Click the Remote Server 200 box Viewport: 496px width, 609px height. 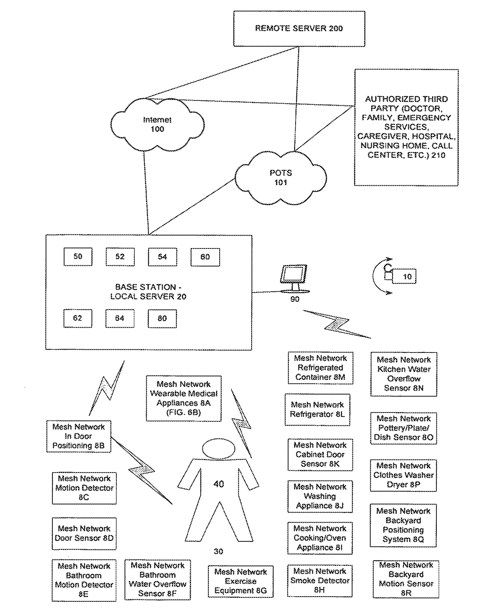coord(299,28)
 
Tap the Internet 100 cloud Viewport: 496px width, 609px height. coord(158,125)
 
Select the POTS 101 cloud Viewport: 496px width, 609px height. coord(280,178)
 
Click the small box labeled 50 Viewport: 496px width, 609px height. coord(78,256)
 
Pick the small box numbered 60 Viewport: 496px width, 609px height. coord(205,257)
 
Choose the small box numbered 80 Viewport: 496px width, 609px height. coord(162,319)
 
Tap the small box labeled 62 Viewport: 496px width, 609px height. coord(78,318)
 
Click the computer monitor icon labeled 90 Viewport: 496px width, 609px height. coord(294,278)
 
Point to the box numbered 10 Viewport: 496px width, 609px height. coord(404,276)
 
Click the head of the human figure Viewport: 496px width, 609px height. coord(218,449)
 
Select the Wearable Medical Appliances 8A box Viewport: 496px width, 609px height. coord(184,398)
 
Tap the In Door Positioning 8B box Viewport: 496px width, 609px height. coord(78,436)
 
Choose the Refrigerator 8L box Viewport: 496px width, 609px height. coord(318,410)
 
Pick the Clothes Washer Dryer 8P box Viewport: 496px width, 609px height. coord(404,475)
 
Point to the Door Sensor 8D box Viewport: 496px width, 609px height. coord(84,533)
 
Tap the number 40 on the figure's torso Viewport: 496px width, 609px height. coord(218,484)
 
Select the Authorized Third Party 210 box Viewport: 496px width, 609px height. coord(406,128)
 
